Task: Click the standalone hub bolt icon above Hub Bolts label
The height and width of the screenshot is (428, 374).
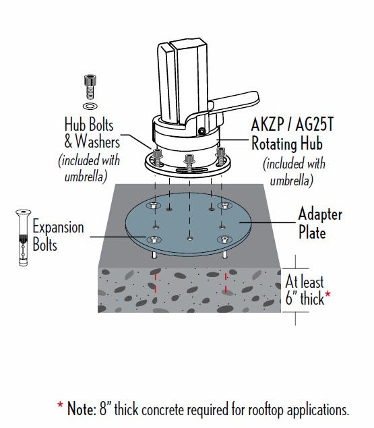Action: (90, 87)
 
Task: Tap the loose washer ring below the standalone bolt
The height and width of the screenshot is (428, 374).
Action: (90, 106)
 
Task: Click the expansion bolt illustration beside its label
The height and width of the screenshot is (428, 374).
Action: (23, 237)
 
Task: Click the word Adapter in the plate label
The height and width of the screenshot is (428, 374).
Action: (320, 215)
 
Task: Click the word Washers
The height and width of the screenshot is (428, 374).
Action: (98, 142)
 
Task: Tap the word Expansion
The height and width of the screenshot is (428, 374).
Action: (58, 228)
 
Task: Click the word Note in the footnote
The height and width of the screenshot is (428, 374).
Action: (81, 409)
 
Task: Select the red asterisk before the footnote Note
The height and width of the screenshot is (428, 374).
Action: (60, 405)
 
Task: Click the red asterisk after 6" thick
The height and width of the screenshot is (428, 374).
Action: (328, 295)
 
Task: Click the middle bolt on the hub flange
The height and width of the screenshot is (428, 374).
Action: (189, 162)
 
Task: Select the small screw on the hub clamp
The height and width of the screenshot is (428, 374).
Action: (201, 131)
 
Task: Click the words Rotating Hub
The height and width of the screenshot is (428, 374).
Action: (287, 144)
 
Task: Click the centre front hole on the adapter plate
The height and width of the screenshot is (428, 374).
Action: (190, 239)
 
